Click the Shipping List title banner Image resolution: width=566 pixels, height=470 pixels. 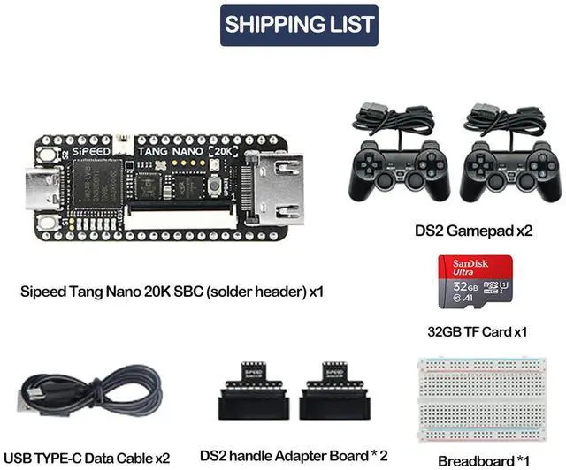click(x=299, y=25)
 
